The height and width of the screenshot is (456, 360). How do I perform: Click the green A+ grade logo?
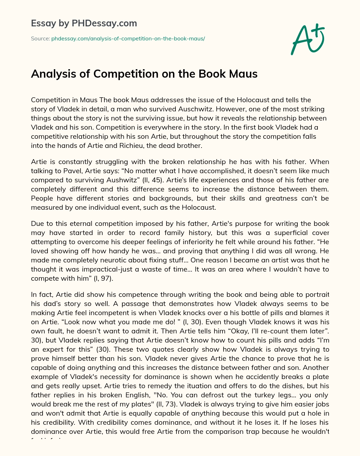(307, 39)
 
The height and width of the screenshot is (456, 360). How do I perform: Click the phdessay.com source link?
(128, 39)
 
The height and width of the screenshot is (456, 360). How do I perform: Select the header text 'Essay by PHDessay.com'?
(84, 24)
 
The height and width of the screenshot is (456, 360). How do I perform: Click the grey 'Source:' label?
(40, 39)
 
